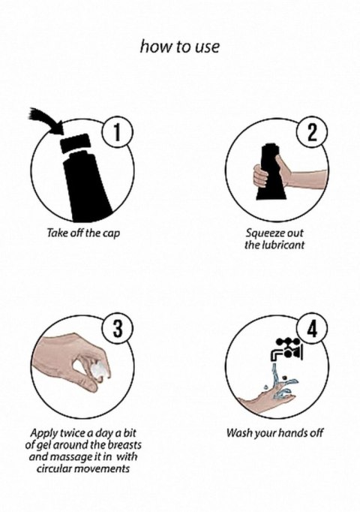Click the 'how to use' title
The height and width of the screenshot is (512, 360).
point(180,47)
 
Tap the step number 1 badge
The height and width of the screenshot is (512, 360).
point(118,132)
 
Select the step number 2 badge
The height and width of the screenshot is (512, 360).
point(312,133)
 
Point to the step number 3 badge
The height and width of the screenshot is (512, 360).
point(118,328)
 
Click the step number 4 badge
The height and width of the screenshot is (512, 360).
point(312,329)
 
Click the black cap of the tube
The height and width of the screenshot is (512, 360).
point(76,143)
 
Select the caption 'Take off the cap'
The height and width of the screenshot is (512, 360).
point(83,233)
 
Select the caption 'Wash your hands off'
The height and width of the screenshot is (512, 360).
point(275,433)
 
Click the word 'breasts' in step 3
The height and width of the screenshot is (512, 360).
point(124,444)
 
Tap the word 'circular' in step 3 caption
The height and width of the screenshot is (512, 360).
point(55,469)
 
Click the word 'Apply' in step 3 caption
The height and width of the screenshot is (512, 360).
point(43,434)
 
